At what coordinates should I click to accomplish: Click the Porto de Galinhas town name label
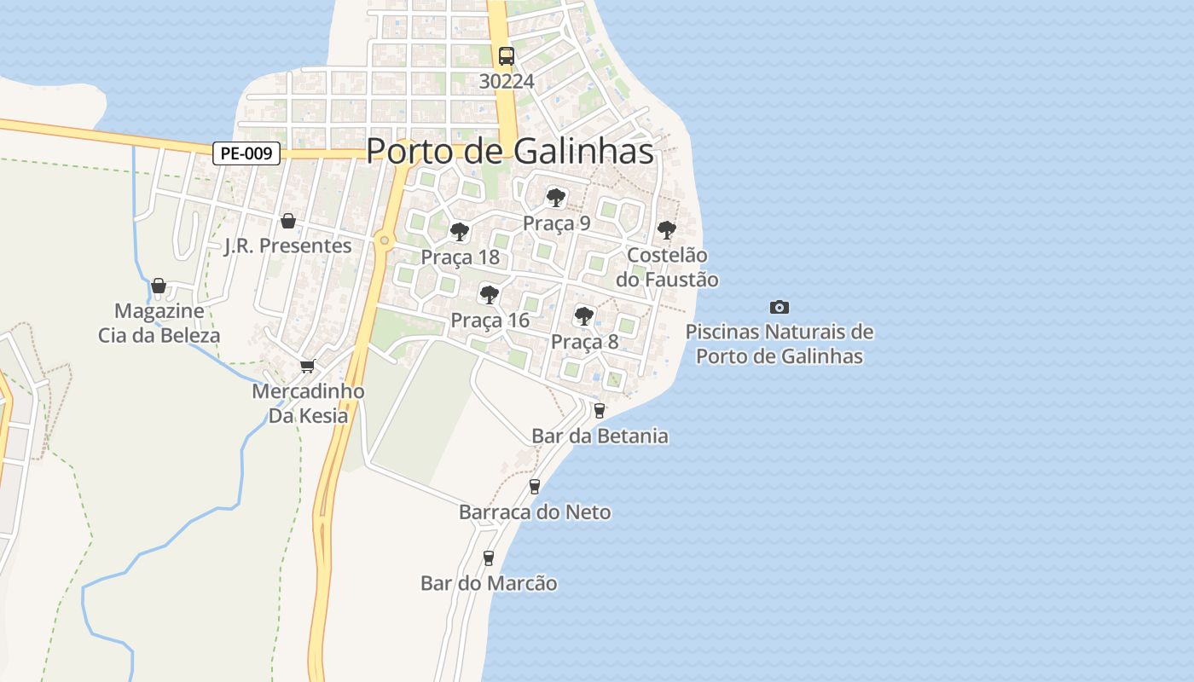click(x=509, y=152)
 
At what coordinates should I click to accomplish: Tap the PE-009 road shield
click(x=246, y=153)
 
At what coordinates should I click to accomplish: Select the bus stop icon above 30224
click(x=507, y=56)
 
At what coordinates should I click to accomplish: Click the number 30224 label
click(x=507, y=82)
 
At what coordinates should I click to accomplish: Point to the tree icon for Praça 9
click(x=556, y=198)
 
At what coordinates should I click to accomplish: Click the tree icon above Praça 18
click(x=459, y=231)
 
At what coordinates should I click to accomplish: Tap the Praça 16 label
click(x=490, y=321)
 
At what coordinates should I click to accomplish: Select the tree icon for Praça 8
click(x=583, y=316)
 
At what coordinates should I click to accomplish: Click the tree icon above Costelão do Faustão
click(x=666, y=229)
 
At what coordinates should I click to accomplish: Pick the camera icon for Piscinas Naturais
click(x=779, y=307)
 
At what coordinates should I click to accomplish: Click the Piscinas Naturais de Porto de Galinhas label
click(x=780, y=344)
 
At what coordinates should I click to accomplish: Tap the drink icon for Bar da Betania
click(x=599, y=410)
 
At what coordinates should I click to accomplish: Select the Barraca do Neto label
click(x=535, y=512)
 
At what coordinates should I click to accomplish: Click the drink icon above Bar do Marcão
click(x=489, y=558)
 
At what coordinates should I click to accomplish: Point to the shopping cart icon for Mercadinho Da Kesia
click(x=307, y=366)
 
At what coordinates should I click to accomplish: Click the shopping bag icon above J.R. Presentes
click(x=288, y=221)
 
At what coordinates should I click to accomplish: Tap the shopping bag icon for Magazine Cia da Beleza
click(x=159, y=286)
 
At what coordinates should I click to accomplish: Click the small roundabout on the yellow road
click(x=385, y=240)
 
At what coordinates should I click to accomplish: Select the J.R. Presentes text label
click(x=287, y=246)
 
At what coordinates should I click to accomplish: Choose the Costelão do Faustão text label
click(x=667, y=268)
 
